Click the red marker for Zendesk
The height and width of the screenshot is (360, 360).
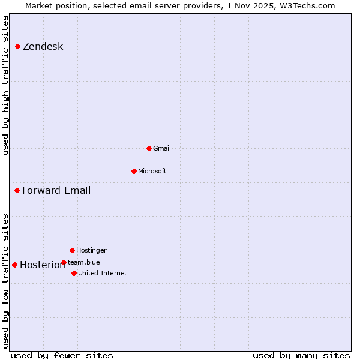pyautogui.click(x=18, y=46)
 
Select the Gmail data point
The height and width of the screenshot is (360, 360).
pyautogui.click(x=149, y=148)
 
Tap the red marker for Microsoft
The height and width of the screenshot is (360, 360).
pyautogui.click(x=134, y=171)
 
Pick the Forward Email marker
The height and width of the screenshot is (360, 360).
pyautogui.click(x=17, y=190)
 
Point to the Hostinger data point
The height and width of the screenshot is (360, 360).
pyautogui.click(x=72, y=250)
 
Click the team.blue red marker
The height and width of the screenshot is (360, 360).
pyautogui.click(x=64, y=262)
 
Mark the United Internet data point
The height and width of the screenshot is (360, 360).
pyautogui.click(x=74, y=273)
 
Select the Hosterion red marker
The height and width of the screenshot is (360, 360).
pyautogui.click(x=14, y=265)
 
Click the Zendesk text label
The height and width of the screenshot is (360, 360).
pyautogui.click(x=43, y=47)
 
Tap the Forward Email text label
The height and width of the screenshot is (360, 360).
pyautogui.click(x=56, y=191)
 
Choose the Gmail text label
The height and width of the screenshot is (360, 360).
pyautogui.click(x=162, y=148)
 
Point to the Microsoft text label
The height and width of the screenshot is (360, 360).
pyautogui.click(x=152, y=171)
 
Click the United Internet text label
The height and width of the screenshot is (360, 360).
pyautogui.click(x=102, y=273)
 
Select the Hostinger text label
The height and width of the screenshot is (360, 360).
pyautogui.click(x=91, y=250)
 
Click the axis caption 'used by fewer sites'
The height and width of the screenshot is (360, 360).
pyautogui.click(x=62, y=355)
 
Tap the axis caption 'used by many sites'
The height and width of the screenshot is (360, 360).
pyautogui.click(x=301, y=355)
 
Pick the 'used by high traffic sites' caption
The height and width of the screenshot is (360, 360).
pyautogui.click(x=6, y=85)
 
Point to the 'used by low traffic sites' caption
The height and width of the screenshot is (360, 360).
pyautogui.click(x=6, y=280)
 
